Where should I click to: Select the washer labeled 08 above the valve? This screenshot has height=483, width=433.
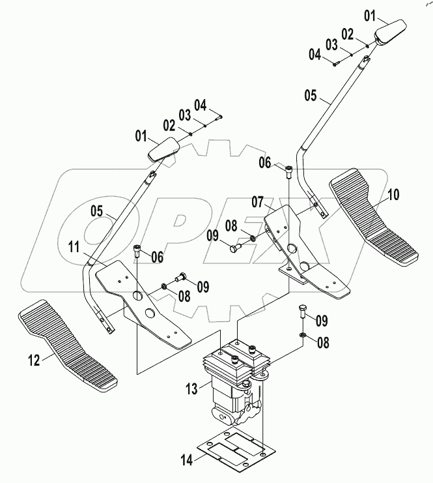coord(303,336)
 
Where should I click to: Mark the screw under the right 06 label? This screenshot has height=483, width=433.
coord(289,173)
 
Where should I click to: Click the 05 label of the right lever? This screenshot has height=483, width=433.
coord(311,97)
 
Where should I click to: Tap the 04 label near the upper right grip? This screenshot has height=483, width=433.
coord(314,56)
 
